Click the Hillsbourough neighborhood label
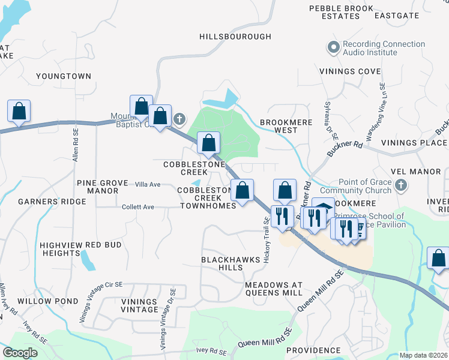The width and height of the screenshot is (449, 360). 235,37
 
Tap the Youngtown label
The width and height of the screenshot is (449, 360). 64,76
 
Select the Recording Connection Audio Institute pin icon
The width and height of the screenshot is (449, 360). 334,46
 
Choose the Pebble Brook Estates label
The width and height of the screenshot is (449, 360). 334,13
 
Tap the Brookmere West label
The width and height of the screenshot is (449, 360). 279,126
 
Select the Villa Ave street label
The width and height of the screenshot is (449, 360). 148,184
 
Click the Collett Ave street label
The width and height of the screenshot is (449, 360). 138,207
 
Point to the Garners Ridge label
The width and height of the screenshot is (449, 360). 52,202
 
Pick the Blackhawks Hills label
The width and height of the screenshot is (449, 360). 231,263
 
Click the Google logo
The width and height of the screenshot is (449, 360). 20,352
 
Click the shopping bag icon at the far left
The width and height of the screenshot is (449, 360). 19,110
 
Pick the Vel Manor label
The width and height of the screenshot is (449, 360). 416,171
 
